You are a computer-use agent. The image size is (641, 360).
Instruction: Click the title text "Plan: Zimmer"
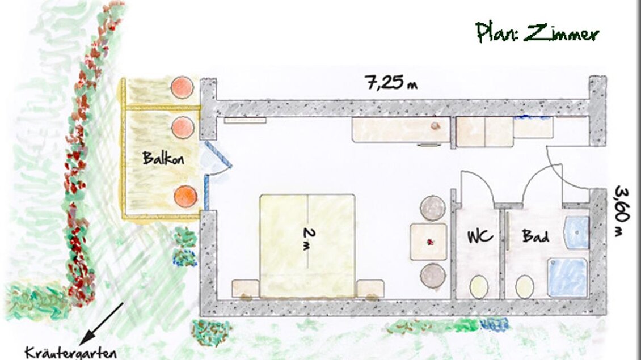click(x=537, y=33)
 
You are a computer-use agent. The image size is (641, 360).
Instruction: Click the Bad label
click(x=534, y=236)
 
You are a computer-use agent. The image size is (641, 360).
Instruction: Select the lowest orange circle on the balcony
click(x=185, y=197)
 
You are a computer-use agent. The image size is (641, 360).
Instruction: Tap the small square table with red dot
click(x=428, y=242)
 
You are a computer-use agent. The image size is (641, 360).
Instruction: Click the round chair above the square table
click(x=432, y=207)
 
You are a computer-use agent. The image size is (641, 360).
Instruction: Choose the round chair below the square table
click(x=432, y=276)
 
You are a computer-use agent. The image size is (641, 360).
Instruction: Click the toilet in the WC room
click(x=480, y=286)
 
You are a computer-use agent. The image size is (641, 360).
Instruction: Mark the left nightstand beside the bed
click(x=245, y=288)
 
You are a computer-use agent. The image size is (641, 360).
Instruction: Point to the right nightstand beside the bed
click(x=370, y=288)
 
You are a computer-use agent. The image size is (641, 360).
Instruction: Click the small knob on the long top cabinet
click(x=435, y=126)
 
